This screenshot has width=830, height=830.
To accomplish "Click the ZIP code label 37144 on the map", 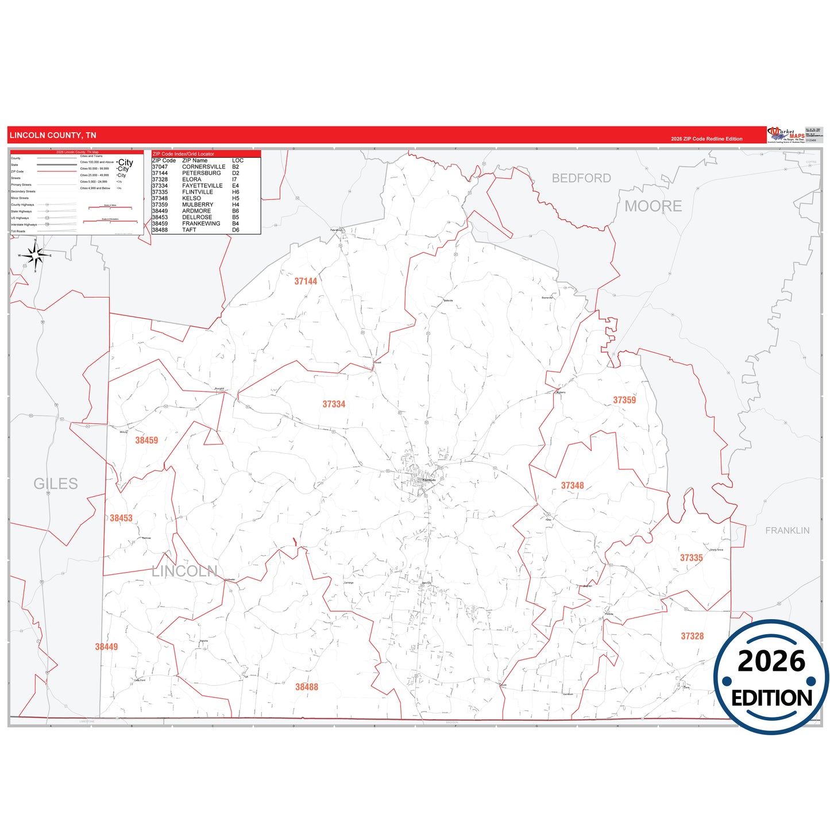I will [x=306, y=281].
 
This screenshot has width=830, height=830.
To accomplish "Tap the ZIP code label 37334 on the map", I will [x=334, y=404].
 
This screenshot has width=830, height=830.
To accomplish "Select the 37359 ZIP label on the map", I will [x=624, y=400].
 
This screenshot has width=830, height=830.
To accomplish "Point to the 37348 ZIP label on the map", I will [x=572, y=486].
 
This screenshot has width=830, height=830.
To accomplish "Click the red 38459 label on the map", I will [x=146, y=441].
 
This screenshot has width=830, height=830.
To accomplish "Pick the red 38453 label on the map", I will [x=121, y=518].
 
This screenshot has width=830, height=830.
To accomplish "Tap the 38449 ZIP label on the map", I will [x=106, y=647].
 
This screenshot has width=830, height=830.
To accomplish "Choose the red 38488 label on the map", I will [x=307, y=687].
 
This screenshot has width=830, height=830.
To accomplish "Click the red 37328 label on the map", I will [x=692, y=636].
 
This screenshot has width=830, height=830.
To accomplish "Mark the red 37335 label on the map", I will [x=691, y=558].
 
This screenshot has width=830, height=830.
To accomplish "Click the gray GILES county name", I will [x=56, y=484].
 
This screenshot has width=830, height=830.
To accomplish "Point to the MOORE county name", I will [x=653, y=206].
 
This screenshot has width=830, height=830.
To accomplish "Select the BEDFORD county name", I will [x=581, y=178].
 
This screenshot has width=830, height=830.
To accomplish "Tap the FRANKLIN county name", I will [x=787, y=531].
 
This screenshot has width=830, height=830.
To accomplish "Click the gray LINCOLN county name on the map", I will [x=184, y=571].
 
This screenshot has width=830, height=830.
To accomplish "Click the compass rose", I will [x=35, y=256].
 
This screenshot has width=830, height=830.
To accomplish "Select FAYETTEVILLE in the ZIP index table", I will [x=202, y=186].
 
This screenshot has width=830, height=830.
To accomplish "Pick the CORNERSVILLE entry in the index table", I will [x=203, y=167].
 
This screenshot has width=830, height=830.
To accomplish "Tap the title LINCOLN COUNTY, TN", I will [x=53, y=136].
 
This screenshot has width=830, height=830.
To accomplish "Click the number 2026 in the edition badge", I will [x=771, y=662].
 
